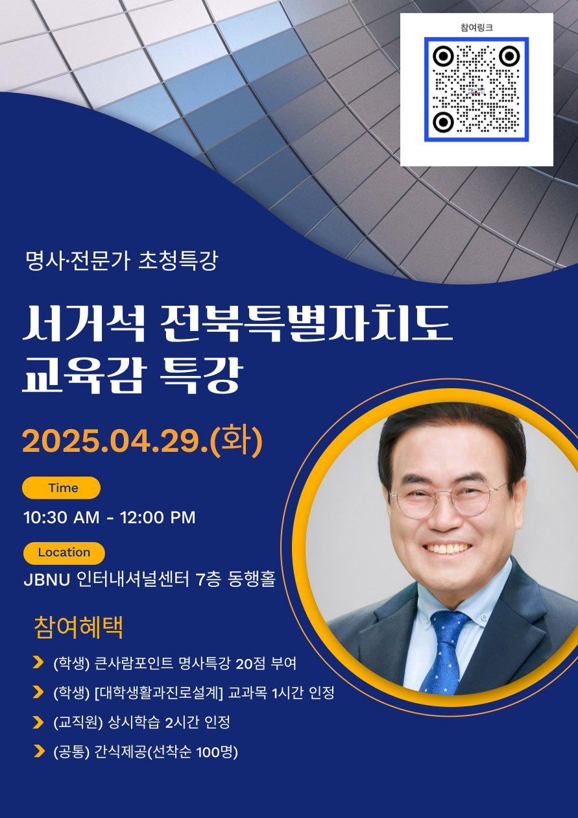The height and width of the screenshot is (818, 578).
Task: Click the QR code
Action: [477, 89]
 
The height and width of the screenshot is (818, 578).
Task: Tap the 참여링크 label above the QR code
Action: [477, 27]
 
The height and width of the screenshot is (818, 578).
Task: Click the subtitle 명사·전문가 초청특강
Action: [121, 260]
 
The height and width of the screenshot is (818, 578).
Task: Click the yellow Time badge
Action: [62, 488]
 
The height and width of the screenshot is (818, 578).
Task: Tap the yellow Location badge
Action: [64, 552]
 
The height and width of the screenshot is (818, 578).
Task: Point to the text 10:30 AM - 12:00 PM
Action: [109, 517]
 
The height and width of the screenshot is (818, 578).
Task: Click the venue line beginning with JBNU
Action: [149, 579]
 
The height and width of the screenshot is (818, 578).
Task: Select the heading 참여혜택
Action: [78, 627]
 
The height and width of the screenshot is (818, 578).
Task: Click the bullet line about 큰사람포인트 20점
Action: [175, 663]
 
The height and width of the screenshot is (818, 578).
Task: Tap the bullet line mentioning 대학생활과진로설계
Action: [193, 693]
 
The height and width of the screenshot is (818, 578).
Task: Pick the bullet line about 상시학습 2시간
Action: [141, 722]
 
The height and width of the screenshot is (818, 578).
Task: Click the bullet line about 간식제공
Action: [145, 752]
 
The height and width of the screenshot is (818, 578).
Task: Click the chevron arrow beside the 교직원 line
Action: [38, 722]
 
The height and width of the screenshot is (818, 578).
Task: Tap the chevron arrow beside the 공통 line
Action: [38, 752]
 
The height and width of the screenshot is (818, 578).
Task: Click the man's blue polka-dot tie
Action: [446, 649]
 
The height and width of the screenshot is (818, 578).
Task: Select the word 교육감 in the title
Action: [82, 376]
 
